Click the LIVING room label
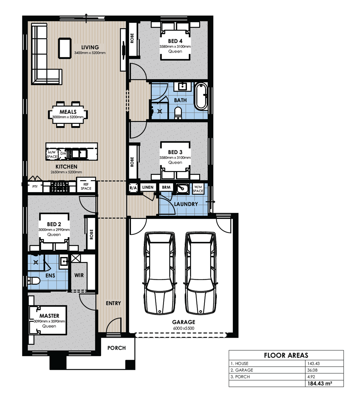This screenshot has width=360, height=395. coord(90,47)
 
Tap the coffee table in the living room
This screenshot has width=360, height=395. coord(65,48)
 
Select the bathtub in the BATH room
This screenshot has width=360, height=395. coord(201,96)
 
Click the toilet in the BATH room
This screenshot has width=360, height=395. coord(178,113)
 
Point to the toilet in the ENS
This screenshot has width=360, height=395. coord(34,281)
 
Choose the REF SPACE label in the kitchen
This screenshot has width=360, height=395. coord(86,186)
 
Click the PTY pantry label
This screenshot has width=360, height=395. coord(35,186)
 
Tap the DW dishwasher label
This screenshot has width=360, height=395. coord(63,153)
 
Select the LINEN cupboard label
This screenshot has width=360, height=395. coord(148,187)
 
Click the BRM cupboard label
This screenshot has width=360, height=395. coord(166,187)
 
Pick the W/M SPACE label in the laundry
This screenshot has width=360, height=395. coord(198,189)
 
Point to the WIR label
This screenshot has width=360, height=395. coord(79,275)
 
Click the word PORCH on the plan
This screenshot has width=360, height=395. coord(117,348)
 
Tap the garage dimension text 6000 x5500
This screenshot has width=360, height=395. coord(183,328)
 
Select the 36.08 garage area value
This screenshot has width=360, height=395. coord(312,370)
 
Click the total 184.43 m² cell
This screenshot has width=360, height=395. coord(320,383)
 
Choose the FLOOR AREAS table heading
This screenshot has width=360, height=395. coord(286,355)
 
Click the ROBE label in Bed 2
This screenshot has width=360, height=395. coord(91,234)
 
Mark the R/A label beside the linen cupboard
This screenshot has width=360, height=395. coord(133,188)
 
